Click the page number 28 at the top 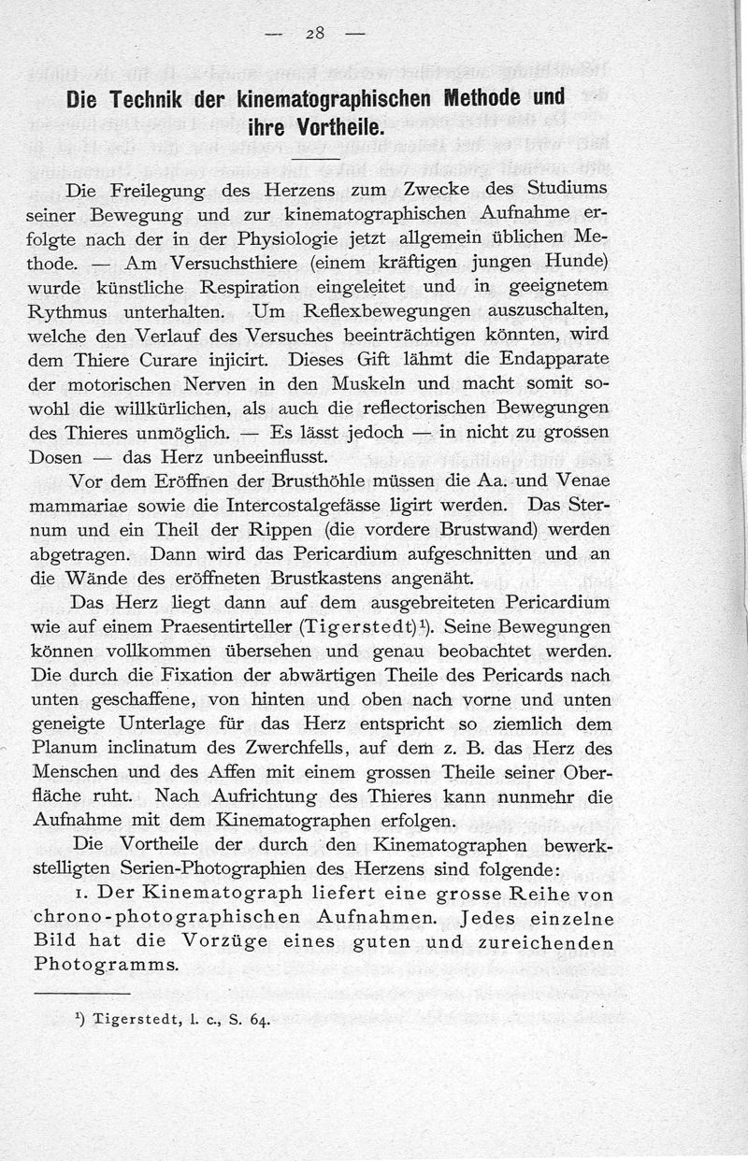[312, 33]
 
